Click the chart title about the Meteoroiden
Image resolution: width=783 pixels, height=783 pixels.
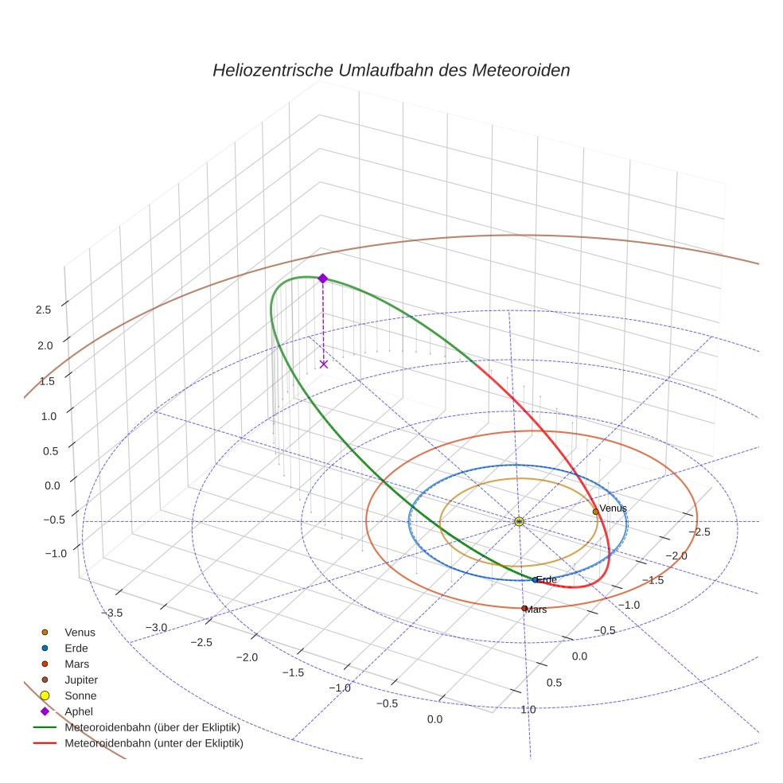pyautogui.click(x=391, y=70)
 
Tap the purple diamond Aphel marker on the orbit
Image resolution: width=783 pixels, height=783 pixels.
pyautogui.click(x=322, y=278)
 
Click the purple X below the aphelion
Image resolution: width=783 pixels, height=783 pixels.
pyautogui.click(x=323, y=364)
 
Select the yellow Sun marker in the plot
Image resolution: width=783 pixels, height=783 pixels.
pyautogui.click(x=519, y=521)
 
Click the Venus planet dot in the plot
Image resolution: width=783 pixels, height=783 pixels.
pyautogui.click(x=595, y=512)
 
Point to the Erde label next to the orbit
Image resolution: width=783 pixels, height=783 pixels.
pyautogui.click(x=546, y=579)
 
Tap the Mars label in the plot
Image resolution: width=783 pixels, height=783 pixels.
pyautogui.click(x=536, y=609)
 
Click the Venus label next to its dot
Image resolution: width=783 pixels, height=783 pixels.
pyautogui.click(x=613, y=508)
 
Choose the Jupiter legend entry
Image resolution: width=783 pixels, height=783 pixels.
pyautogui.click(x=81, y=680)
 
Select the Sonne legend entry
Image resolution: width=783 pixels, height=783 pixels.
pyautogui.click(x=80, y=695)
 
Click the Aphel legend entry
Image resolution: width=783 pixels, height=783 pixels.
pyautogui.click(x=79, y=711)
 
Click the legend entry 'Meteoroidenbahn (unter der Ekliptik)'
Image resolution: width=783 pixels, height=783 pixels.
pyautogui.click(x=154, y=743)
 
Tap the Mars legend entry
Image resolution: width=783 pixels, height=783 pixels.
pyautogui.click(x=76, y=664)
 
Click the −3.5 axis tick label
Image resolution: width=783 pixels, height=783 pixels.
pyautogui.click(x=111, y=612)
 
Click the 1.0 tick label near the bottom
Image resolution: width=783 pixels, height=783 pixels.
pyautogui.click(x=528, y=709)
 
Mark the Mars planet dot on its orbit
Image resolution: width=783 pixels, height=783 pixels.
pyautogui.click(x=524, y=609)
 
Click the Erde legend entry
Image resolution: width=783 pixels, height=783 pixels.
pyautogui.click(x=76, y=648)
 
